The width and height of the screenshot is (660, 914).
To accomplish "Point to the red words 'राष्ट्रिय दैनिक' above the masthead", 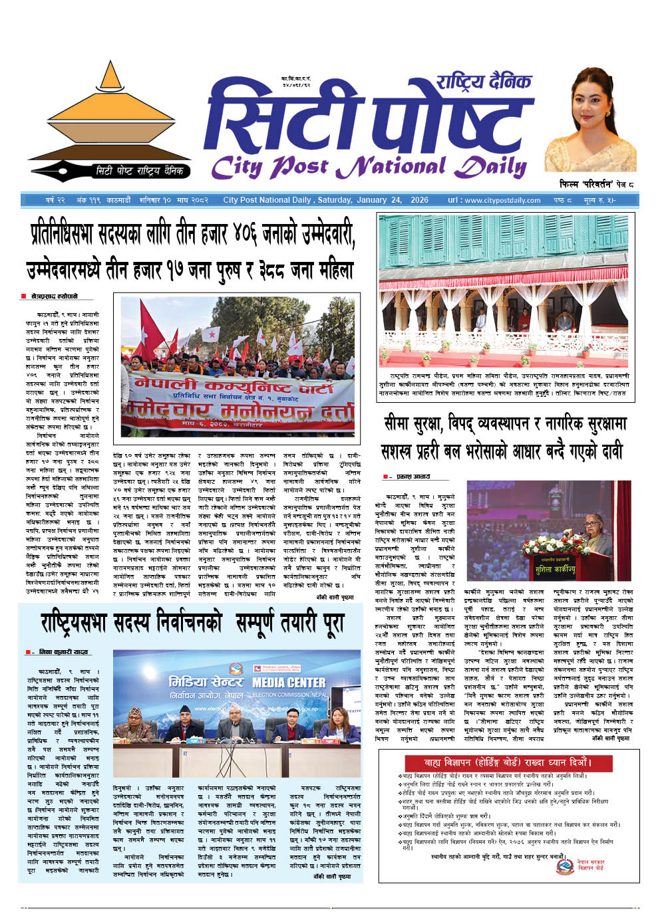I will click(484, 81).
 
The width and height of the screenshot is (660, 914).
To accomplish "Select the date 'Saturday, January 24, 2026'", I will click(373, 200).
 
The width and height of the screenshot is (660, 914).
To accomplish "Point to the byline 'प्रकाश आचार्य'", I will click(413, 477).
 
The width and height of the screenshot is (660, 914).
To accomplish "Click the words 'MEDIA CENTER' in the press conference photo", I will click(289, 683).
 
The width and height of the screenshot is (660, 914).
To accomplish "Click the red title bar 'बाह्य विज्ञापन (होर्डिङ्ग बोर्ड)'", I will click(508, 762).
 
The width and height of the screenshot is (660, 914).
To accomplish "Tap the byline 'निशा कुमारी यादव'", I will click(63, 652).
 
